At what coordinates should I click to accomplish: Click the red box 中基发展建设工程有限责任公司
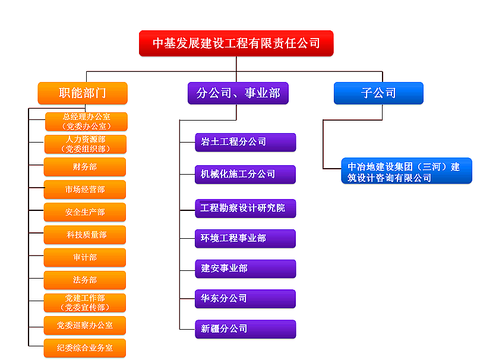click(x=236, y=43)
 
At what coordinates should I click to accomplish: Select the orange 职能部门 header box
click(x=83, y=93)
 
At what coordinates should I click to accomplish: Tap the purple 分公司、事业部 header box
click(x=238, y=93)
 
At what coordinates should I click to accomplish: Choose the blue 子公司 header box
click(x=378, y=93)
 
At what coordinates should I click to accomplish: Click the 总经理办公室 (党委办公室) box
click(x=86, y=121)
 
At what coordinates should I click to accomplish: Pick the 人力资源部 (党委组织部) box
click(x=86, y=144)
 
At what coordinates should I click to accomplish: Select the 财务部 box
click(x=85, y=167)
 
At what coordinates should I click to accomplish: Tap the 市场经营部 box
click(x=85, y=190)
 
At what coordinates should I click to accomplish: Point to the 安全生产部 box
click(x=85, y=212)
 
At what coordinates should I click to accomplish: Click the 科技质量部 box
click(x=85, y=235)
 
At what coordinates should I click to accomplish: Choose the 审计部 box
click(x=85, y=257)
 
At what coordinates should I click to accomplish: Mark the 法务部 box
click(x=85, y=280)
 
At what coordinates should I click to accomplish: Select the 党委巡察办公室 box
click(x=85, y=326)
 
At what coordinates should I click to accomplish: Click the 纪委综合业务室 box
click(x=85, y=348)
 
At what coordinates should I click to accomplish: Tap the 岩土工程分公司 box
click(x=245, y=142)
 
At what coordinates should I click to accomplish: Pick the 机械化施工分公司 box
click(x=245, y=174)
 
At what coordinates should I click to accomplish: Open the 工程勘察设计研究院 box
click(x=245, y=208)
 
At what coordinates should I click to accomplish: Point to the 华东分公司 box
click(x=245, y=298)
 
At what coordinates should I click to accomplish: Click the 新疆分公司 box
click(x=245, y=329)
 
